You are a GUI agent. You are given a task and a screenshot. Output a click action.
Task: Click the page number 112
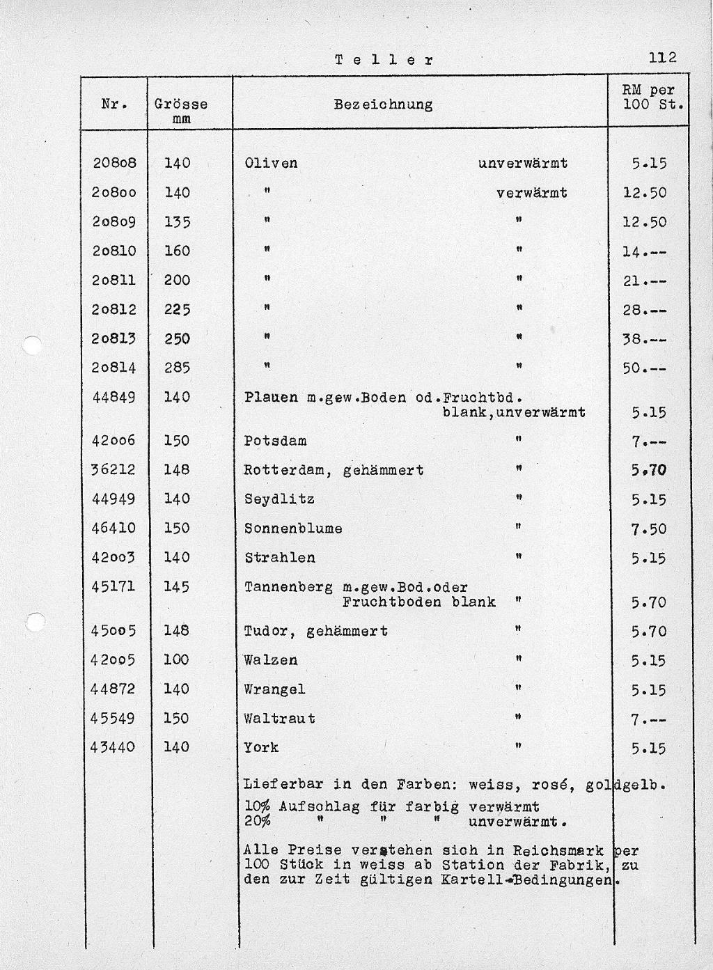[662, 58]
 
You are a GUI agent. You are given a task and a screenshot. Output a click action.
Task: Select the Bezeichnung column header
[383, 105]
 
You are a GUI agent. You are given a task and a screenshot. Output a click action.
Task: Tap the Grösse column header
[181, 104]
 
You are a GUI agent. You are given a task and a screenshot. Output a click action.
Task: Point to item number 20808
[114, 163]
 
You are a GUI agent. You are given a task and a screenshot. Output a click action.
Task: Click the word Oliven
[271, 163]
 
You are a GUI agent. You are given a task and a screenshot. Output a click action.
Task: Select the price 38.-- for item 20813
[644, 339]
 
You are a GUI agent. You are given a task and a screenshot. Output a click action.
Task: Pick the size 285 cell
[178, 368]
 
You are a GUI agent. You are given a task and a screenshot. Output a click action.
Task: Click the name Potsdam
[275, 441]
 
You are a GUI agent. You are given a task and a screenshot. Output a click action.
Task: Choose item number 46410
[113, 528]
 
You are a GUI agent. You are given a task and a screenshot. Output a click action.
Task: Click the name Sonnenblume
[293, 529]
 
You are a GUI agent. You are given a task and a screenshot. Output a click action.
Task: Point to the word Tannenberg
[288, 587]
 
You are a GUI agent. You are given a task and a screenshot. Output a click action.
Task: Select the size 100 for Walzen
[176, 659]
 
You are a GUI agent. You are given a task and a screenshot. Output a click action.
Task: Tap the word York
[261, 747]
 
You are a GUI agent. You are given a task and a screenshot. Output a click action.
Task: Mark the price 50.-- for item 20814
[644, 368]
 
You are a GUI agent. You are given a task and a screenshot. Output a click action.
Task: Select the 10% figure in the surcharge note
[257, 806]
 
